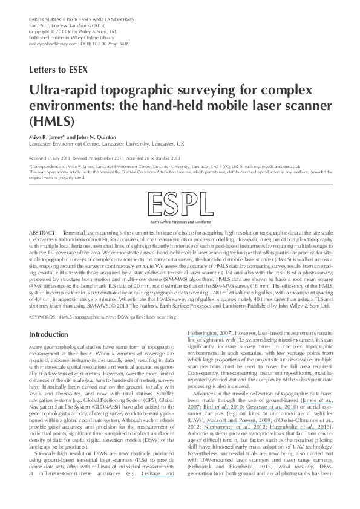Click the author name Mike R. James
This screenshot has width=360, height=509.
tap(49, 138)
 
